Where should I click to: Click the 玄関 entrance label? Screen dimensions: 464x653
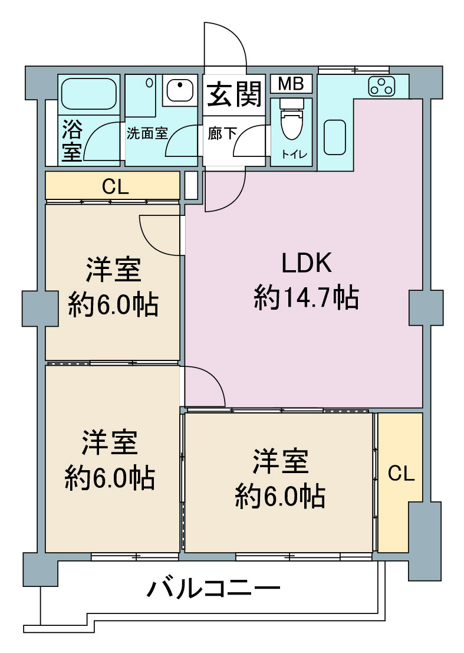[x=234, y=94]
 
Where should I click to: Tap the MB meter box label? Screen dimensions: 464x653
[x=291, y=84]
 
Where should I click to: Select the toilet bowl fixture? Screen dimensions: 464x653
[x=291, y=119]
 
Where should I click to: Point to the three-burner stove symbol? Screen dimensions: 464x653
[x=381, y=87]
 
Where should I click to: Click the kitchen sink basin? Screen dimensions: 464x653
[x=334, y=137]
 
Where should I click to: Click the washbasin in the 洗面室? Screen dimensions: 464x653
[x=180, y=89]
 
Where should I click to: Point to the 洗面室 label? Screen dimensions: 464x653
[x=147, y=134]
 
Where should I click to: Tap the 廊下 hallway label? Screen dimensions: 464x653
[x=222, y=134]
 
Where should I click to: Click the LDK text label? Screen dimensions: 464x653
[x=307, y=262]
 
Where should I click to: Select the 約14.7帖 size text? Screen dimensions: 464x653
[x=306, y=297]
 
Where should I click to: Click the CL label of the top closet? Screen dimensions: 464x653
[x=116, y=187]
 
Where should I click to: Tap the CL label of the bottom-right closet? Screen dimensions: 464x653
[x=401, y=474]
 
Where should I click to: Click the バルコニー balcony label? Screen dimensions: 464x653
[x=214, y=589]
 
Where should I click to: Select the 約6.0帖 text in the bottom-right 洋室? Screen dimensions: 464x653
[x=280, y=496]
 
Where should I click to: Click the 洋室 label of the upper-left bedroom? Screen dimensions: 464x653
[x=113, y=270]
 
